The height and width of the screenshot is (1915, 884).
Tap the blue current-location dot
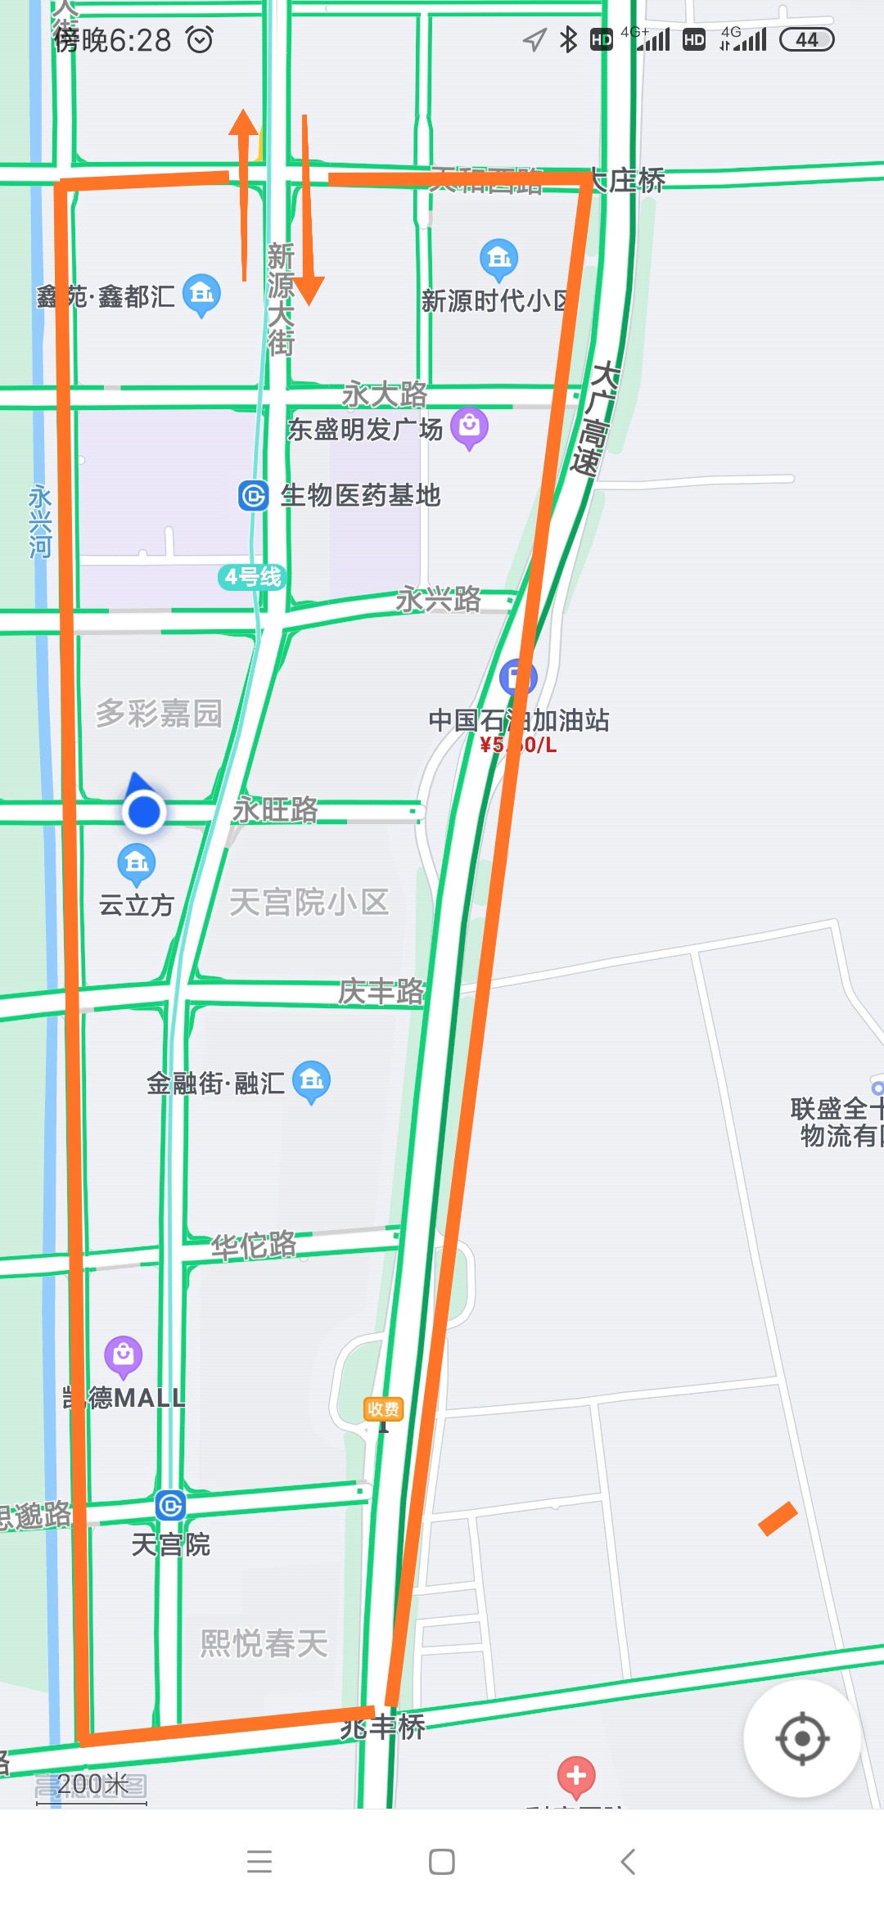(x=144, y=812)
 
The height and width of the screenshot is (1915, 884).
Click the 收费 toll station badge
(x=383, y=1408)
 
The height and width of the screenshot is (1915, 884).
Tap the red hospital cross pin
(x=576, y=1775)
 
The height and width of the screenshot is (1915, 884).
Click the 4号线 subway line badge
(x=252, y=577)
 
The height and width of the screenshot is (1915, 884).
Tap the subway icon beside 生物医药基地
(x=254, y=495)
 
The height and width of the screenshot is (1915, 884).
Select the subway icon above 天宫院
(x=170, y=1505)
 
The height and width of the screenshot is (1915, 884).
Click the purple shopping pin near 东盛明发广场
(x=470, y=426)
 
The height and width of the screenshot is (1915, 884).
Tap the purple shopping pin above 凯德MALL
(x=124, y=1354)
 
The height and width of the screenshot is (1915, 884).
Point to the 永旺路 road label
(x=275, y=809)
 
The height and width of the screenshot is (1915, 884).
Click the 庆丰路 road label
(x=381, y=991)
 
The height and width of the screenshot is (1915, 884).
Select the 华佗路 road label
(x=254, y=1246)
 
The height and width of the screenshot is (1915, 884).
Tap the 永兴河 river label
(x=40, y=521)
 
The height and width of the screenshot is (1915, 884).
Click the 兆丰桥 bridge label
(x=383, y=1727)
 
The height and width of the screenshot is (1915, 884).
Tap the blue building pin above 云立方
(x=137, y=863)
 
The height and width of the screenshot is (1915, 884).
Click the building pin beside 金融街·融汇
(x=312, y=1080)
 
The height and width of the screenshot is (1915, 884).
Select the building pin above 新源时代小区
(x=498, y=259)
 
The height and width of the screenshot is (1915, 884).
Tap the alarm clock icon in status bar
(x=200, y=39)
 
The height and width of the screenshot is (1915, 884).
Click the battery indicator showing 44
(x=806, y=39)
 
